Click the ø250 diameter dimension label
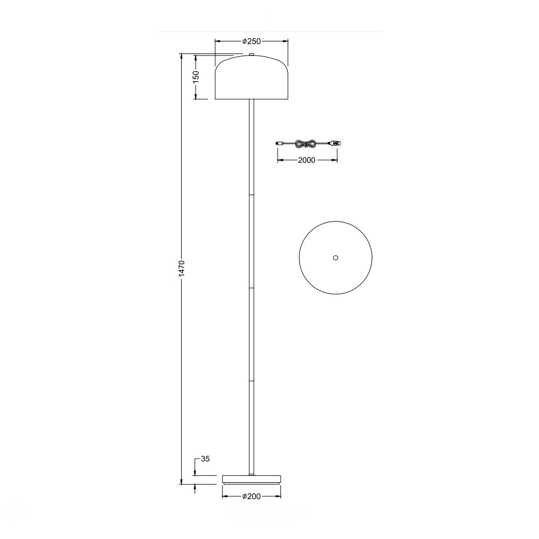252,42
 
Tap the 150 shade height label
196,77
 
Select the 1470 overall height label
182,268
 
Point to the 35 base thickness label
205,459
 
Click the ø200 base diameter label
252,496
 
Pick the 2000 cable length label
307,160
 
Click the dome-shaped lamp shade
252,77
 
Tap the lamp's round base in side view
252,480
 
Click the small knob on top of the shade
252,54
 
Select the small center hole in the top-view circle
336,258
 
